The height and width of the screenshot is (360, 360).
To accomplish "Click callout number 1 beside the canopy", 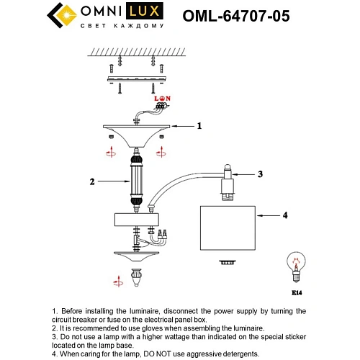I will (x=199, y=125).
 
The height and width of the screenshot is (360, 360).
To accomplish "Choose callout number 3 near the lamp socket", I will (x=261, y=174).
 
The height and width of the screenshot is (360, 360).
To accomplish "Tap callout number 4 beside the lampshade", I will (x=285, y=215).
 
